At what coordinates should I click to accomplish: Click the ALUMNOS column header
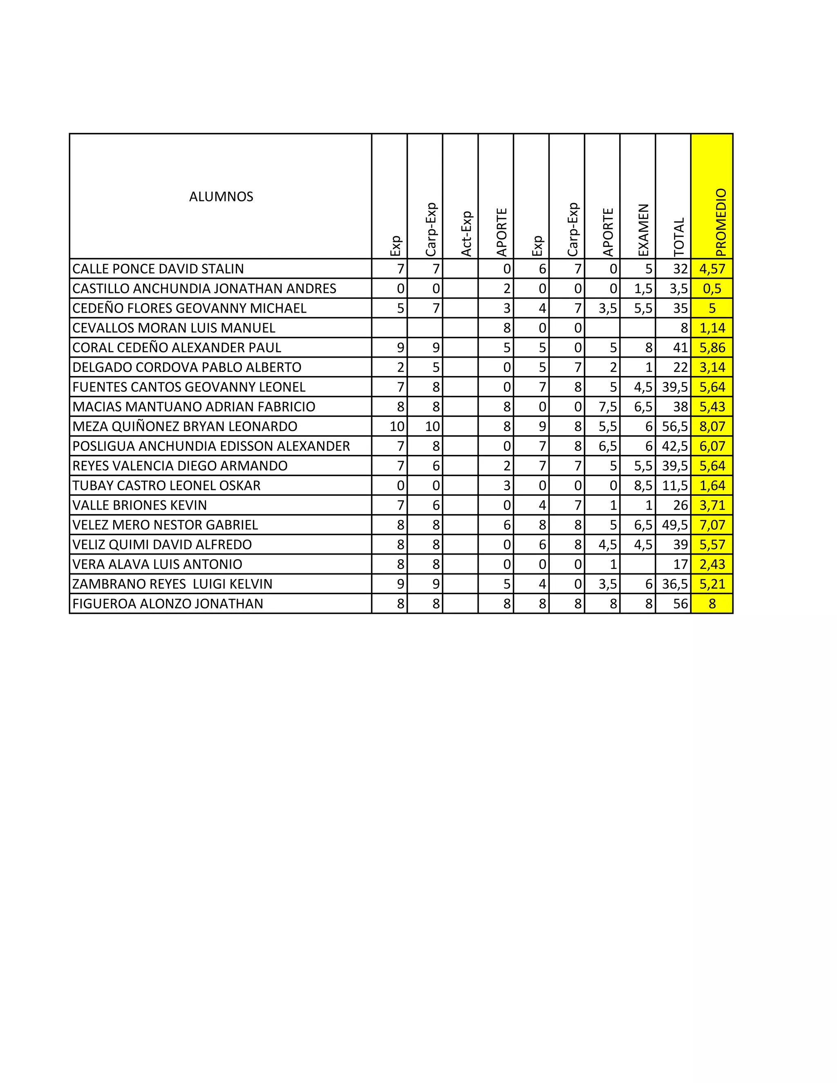tap(221, 197)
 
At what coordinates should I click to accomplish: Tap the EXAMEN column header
tap(643, 230)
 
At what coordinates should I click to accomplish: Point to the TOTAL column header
tap(679, 237)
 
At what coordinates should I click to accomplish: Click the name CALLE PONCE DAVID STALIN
tap(158, 269)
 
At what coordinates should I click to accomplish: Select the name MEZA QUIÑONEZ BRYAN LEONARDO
tap(185, 426)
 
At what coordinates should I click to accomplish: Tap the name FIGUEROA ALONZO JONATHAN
tap(168, 604)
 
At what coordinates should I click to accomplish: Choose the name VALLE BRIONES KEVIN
tap(139, 505)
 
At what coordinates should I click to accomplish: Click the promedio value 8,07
tap(712, 426)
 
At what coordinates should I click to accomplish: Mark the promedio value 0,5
tap(712, 289)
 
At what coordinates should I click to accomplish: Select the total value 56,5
tap(675, 426)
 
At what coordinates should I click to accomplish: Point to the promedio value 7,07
tap(712, 525)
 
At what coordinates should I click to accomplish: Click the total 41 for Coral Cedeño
tap(680, 348)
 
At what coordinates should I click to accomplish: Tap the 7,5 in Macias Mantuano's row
tap(607, 407)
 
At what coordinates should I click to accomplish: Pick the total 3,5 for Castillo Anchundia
tap(678, 289)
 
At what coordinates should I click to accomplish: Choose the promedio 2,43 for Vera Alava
tap(712, 564)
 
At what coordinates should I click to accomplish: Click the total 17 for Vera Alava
tap(680, 564)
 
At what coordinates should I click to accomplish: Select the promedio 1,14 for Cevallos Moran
tap(712, 328)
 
